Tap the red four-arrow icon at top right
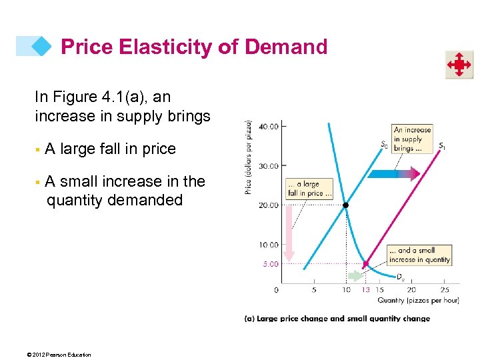click(459, 65)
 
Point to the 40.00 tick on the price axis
click(269, 125)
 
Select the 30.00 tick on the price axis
click(269, 165)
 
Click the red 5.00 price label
click(270, 264)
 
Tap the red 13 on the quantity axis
click(365, 290)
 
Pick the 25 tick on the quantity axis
click(445, 290)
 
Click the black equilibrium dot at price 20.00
click(345, 205)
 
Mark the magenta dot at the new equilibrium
click(365, 264)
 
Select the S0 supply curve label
click(384, 144)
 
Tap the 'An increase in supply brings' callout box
click(413, 139)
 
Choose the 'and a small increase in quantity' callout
click(419, 255)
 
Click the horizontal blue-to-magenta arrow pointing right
click(393, 174)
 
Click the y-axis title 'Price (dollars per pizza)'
click(249, 157)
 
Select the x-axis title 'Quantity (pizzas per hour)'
click(418, 300)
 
